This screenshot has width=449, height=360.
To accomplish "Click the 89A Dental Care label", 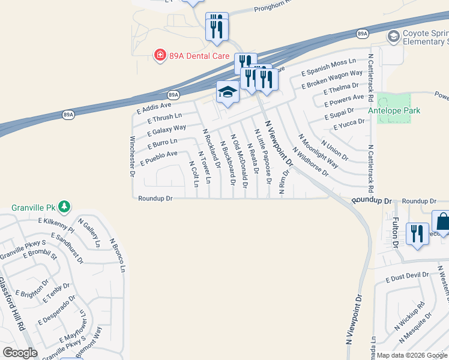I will (193, 56).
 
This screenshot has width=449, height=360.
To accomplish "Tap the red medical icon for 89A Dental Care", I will (160, 56).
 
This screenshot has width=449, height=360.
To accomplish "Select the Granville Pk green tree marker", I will (64, 208).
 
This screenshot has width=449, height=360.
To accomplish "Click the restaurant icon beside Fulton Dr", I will (417, 233).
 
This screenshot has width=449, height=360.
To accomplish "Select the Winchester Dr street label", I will (132, 157).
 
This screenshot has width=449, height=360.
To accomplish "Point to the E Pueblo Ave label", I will (159, 158).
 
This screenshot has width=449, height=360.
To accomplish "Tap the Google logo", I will (20, 353).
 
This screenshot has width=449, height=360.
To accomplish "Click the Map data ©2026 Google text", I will (412, 355).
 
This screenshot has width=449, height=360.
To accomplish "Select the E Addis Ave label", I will (154, 107).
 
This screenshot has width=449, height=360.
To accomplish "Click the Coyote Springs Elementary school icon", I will (393, 37).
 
